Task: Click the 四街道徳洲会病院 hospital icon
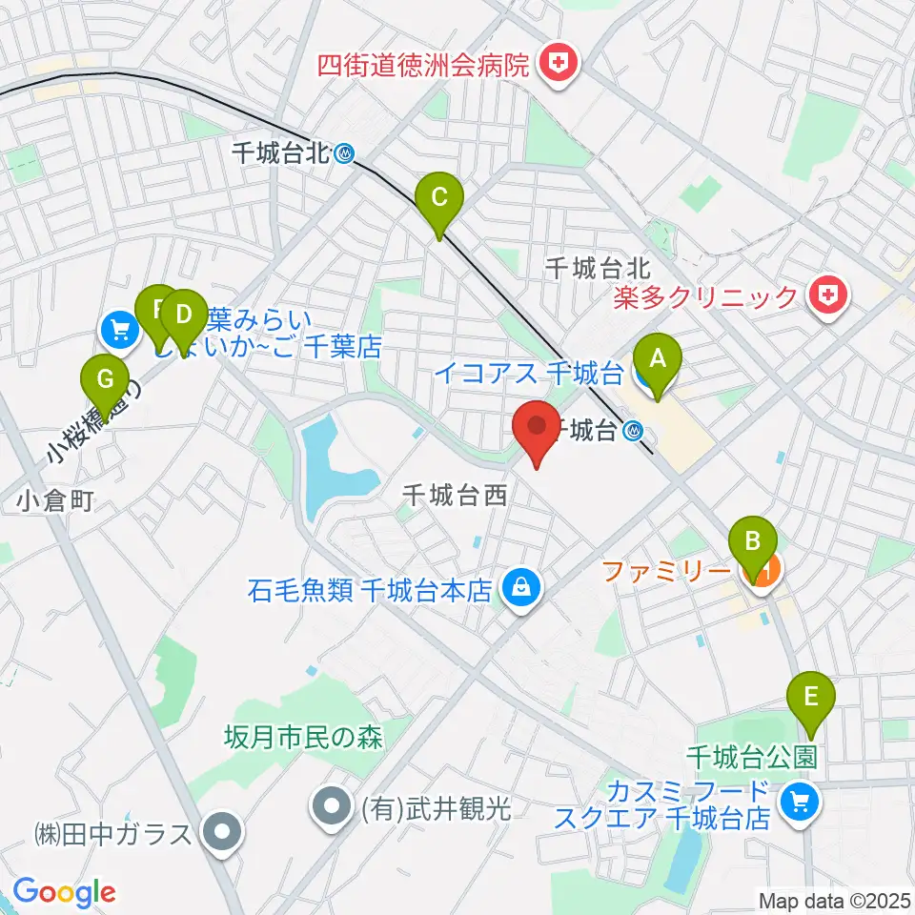554,65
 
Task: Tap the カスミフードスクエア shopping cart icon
794,803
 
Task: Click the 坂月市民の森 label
304,735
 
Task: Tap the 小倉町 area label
55,500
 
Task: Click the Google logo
64,892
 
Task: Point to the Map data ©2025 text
833,899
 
